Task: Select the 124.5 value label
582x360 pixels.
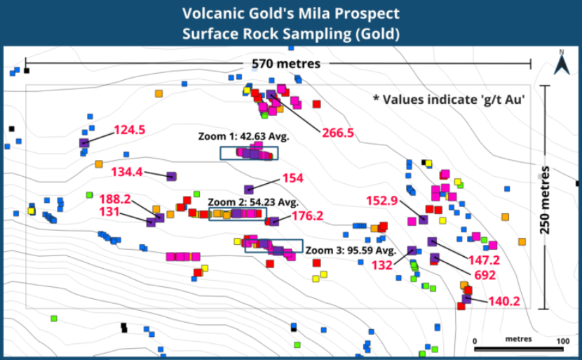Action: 129,130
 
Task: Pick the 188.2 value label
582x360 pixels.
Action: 115,199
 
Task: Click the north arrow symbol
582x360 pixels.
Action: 560,64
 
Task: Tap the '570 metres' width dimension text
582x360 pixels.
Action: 286,64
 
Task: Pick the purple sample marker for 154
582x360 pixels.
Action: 248,189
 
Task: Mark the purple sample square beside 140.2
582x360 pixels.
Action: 467,300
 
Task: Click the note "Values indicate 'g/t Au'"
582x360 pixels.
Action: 449,99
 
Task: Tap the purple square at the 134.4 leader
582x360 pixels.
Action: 171,176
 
